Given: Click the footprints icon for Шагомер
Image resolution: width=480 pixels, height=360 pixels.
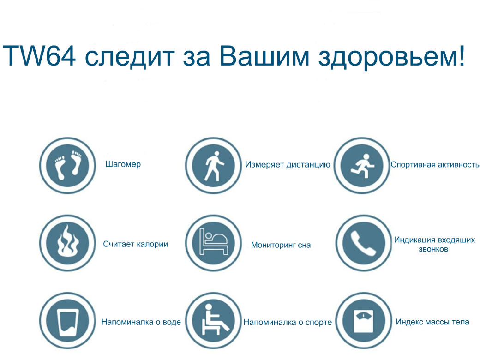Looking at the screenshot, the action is click(x=68, y=165).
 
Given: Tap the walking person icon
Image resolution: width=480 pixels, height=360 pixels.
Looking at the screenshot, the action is click(x=213, y=165).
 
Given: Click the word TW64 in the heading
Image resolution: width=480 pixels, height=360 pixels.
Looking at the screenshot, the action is click(x=39, y=56).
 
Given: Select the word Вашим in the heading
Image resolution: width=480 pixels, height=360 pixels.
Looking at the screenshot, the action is click(x=264, y=56).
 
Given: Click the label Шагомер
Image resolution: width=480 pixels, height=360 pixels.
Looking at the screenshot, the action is click(x=123, y=164).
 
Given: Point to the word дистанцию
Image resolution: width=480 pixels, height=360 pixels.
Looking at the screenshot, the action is click(x=308, y=165).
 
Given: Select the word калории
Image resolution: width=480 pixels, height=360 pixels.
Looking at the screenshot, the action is click(x=152, y=244).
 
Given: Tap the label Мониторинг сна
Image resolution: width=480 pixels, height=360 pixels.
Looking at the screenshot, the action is click(x=281, y=245).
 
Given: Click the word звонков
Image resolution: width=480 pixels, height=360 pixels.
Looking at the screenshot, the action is click(x=433, y=249).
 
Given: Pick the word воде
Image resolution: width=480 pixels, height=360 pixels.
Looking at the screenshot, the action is click(x=172, y=322).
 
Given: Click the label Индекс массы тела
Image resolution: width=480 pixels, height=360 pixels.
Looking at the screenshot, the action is click(x=432, y=322).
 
